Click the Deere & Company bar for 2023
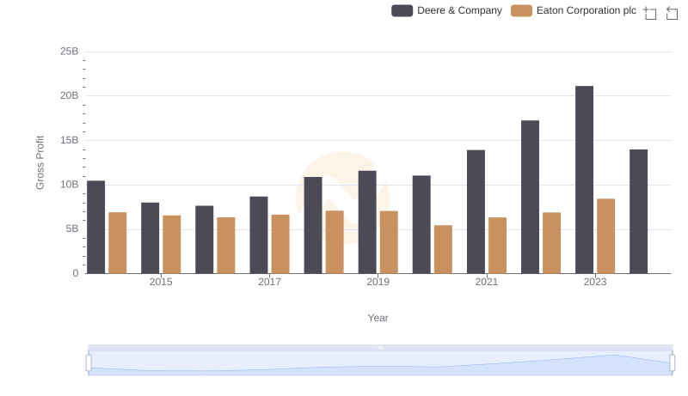pos(584,180)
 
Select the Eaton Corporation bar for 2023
pos(605,236)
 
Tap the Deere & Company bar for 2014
pos(95,227)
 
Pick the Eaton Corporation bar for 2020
pos(443,249)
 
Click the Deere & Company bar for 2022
pos(530,197)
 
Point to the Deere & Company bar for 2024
pos(638,211)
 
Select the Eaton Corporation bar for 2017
pos(280,244)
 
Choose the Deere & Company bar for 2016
pos(204,240)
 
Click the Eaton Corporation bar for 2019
pos(389,242)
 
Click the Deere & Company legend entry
pos(446,10)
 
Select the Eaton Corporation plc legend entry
pos(573,10)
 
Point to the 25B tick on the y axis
pos(69,52)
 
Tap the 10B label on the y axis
pos(69,185)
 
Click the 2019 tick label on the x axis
pos(378,282)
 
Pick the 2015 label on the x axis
pos(161,282)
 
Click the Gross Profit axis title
pos(40,162)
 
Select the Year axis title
pos(378,318)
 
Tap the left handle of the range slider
pos(89,362)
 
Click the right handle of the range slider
pos(673,362)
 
